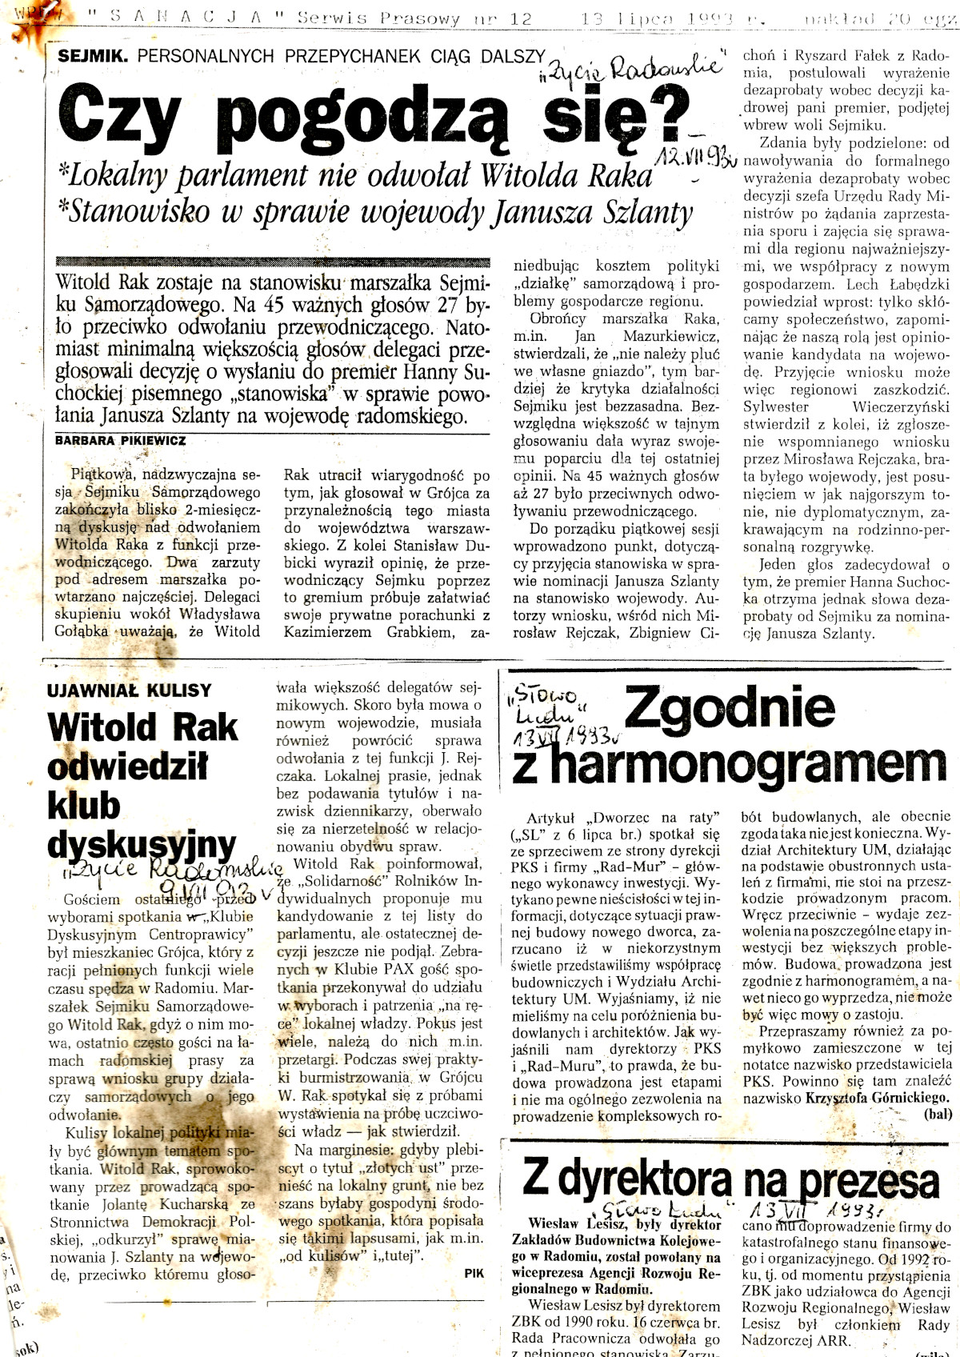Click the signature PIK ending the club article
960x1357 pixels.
[474, 1273]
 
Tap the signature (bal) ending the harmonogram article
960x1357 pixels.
[937, 1114]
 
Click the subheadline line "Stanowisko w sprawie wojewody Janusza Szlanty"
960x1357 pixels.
[376, 211]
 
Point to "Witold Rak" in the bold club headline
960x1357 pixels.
[142, 728]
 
